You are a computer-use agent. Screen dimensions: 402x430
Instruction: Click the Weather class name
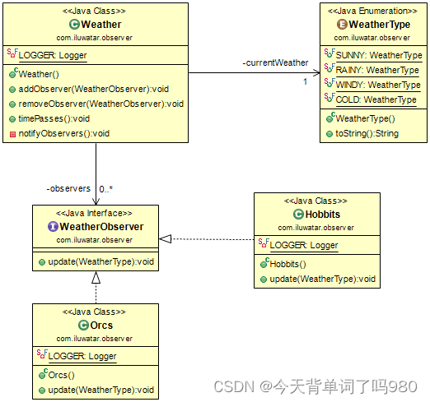(x=101, y=25)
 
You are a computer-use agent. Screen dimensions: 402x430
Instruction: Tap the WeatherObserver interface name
(x=101, y=227)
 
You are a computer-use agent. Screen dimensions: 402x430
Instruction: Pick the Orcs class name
(x=100, y=326)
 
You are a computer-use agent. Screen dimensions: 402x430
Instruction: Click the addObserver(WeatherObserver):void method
(x=94, y=89)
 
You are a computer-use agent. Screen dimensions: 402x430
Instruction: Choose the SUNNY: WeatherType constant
(x=378, y=56)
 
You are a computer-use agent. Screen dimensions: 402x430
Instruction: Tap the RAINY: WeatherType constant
(x=377, y=71)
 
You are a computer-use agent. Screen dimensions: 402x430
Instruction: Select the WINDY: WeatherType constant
(x=378, y=85)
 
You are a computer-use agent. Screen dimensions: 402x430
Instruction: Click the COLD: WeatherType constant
(x=375, y=99)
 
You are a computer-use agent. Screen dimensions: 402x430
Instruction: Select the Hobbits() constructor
(x=287, y=264)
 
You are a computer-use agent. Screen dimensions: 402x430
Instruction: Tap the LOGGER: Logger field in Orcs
(x=82, y=356)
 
